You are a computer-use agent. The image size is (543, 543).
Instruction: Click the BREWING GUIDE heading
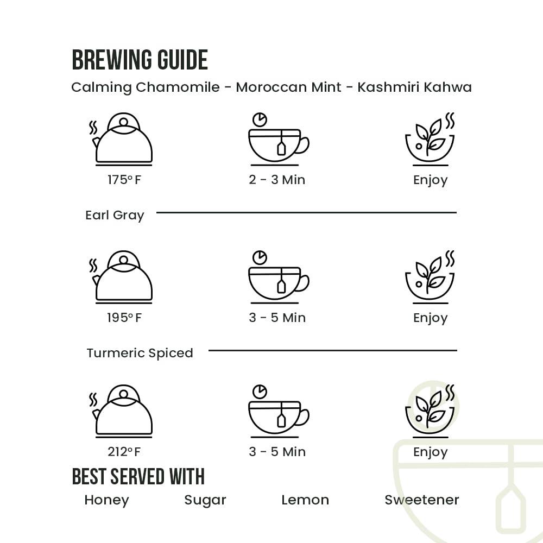tap(140, 60)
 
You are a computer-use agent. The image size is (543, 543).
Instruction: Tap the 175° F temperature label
tap(124, 180)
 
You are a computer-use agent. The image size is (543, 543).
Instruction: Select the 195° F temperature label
tap(124, 318)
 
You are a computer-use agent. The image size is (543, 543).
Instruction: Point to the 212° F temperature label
tap(124, 452)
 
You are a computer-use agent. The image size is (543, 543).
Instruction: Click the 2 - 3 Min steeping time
tap(277, 180)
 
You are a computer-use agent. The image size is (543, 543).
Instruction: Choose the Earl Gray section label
tap(115, 216)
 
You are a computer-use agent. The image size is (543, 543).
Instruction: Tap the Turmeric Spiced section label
tap(140, 353)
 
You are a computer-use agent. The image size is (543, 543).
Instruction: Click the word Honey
tap(106, 500)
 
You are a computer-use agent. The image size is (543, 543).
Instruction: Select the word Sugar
tap(205, 500)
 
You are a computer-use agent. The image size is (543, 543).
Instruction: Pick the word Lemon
tap(305, 500)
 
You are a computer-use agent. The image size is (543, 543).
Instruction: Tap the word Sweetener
tap(422, 500)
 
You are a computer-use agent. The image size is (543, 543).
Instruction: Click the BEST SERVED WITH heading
tap(138, 476)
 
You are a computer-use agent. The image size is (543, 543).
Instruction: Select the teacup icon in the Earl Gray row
tap(279, 277)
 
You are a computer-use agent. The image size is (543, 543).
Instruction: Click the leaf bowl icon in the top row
tap(430, 139)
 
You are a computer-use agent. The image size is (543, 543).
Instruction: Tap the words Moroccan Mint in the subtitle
tap(288, 87)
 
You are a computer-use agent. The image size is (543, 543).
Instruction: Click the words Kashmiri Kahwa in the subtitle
tap(414, 87)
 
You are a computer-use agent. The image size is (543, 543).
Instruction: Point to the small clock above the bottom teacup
tap(260, 392)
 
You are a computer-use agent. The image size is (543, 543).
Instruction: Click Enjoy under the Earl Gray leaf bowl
tap(431, 318)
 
